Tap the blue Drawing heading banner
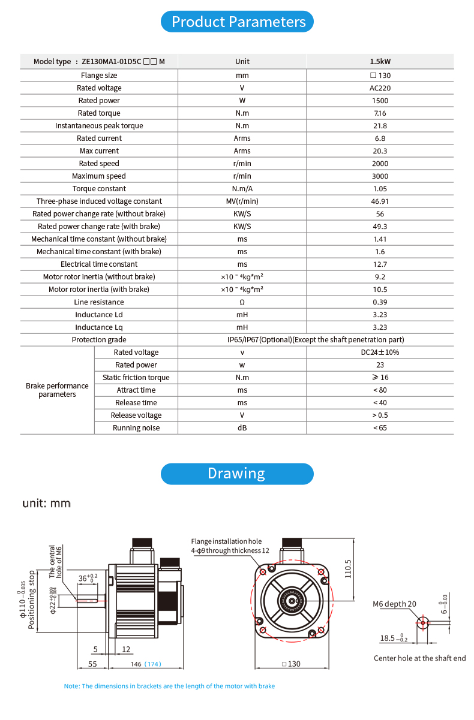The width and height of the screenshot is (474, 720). pos(237,474)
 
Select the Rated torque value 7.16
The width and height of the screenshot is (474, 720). pos(380,113)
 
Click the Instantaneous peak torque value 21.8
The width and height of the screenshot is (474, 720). pos(380,126)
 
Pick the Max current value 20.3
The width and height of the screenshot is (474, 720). pos(380,151)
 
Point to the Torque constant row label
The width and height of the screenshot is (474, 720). pos(99,189)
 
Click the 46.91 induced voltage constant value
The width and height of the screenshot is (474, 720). pos(380,201)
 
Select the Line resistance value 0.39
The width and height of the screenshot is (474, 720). pos(380,302)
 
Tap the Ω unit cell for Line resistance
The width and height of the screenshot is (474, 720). pos(242,302)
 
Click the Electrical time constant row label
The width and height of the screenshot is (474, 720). pos(99,264)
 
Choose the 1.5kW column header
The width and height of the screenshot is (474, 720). pos(380,61)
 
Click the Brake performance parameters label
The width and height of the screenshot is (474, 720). pos(57,390)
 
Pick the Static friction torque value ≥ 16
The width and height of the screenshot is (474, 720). pos(380,378)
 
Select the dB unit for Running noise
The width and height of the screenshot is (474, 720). pos(242,428)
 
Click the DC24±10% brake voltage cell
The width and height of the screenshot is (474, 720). pos(380,353)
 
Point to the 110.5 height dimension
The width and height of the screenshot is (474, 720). pos(348,565)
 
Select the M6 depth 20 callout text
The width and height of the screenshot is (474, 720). pos(394,604)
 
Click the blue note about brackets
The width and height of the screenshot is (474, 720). pos(169,686)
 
